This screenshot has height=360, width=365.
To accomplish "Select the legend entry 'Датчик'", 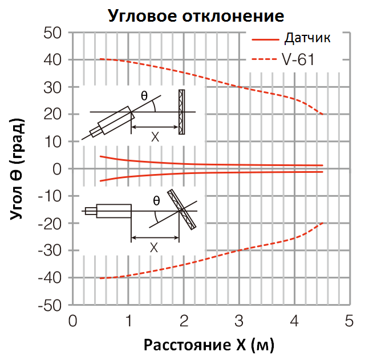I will click(307, 39).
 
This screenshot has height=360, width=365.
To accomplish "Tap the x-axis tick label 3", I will click(239, 321).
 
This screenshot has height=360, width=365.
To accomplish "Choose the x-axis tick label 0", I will click(72, 321).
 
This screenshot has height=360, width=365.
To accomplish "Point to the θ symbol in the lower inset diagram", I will click(156, 200).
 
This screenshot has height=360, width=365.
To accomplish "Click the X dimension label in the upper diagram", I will click(155, 137).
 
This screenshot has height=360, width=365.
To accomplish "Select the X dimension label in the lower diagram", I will click(155, 248).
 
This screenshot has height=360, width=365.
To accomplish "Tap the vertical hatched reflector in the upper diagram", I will click(181, 112).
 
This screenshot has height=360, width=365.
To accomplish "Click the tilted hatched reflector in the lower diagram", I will click(182, 209).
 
